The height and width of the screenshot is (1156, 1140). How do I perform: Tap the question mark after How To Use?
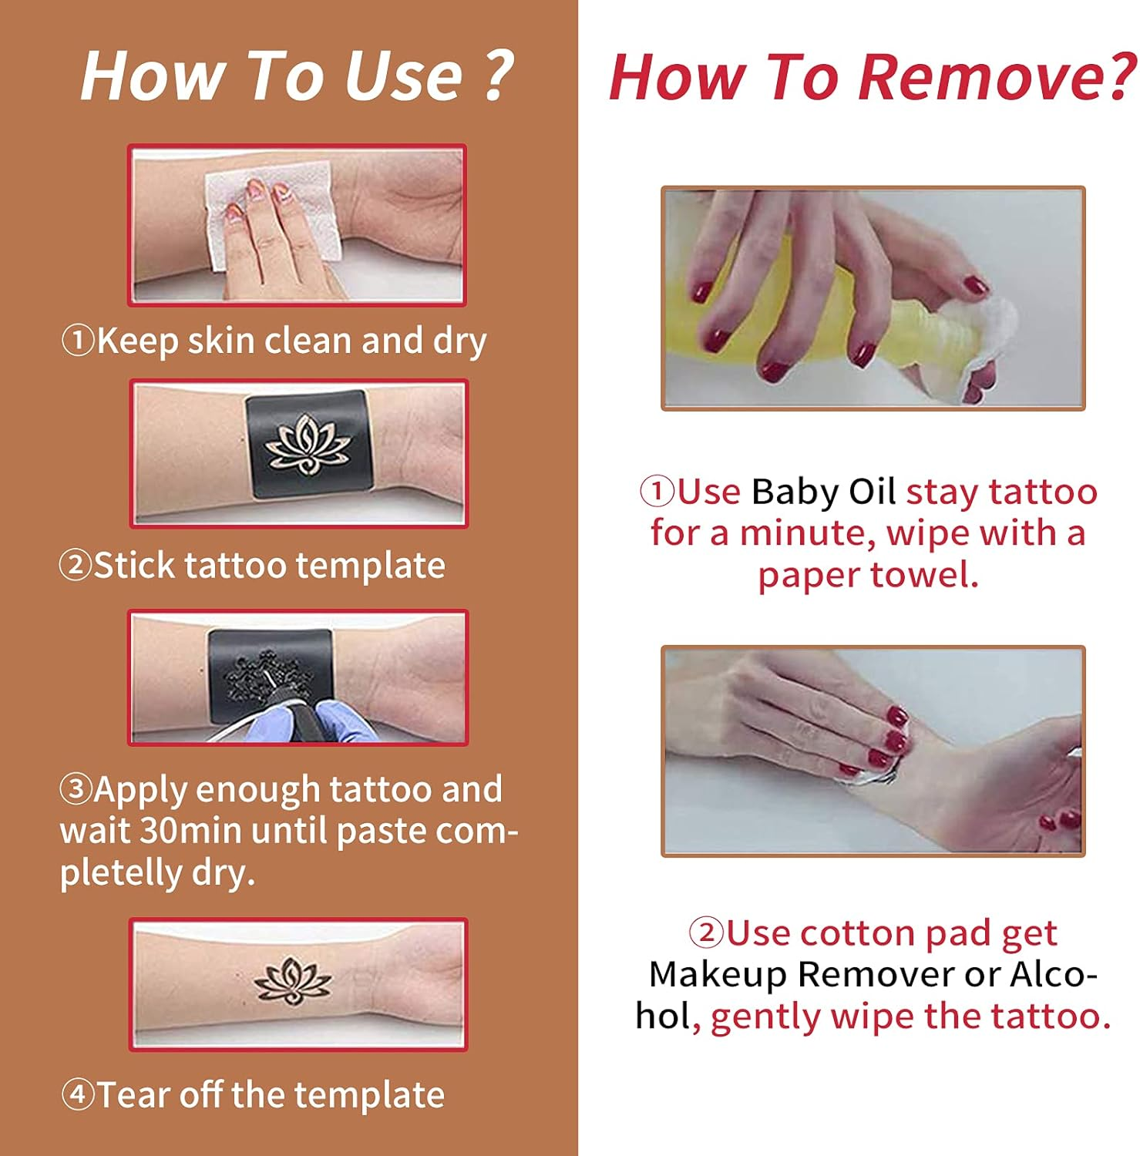499,76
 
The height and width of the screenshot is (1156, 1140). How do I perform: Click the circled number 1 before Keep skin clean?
77,340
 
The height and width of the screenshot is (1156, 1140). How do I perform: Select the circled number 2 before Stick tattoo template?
75,565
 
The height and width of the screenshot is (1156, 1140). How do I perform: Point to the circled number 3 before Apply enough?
76,788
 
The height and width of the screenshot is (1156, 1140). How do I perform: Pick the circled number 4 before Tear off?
77,1094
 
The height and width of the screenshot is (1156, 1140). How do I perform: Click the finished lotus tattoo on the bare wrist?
293,982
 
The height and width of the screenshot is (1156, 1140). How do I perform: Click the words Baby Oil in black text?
823,492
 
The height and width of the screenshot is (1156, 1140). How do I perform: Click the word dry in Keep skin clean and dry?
459,341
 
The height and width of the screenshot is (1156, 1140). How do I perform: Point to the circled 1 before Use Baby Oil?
657,492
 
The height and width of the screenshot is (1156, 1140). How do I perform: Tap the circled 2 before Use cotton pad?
705,933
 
